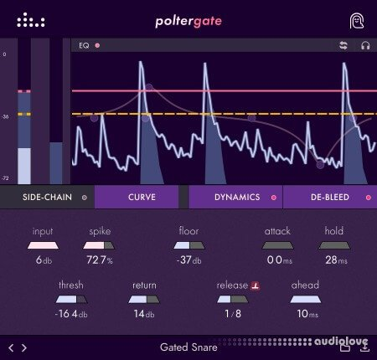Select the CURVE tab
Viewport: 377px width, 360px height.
click(x=136, y=198)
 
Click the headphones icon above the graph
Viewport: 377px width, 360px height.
click(x=365, y=45)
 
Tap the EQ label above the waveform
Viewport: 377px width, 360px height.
click(x=83, y=45)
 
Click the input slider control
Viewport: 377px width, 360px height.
click(x=44, y=245)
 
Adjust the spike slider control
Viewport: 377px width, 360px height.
click(x=100, y=245)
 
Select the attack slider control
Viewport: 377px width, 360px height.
click(x=277, y=245)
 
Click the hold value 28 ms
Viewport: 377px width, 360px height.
click(x=334, y=260)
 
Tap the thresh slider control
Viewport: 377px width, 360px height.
click(x=71, y=299)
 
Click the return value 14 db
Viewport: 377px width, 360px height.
click(x=144, y=314)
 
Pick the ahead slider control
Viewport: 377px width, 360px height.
click(x=305, y=299)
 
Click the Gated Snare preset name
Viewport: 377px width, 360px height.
click(x=188, y=347)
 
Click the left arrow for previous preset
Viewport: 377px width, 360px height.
click(x=11, y=347)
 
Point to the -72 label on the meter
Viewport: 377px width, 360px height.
click(x=5, y=179)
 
